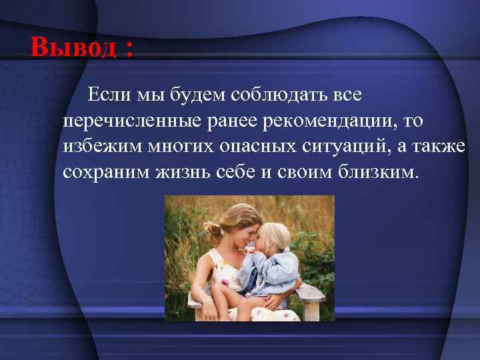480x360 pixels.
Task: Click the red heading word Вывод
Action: click(x=75, y=47)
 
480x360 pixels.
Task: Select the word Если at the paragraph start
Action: click(x=110, y=95)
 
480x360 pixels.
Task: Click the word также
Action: click(x=437, y=147)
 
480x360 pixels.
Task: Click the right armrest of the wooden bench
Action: click(x=313, y=294)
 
